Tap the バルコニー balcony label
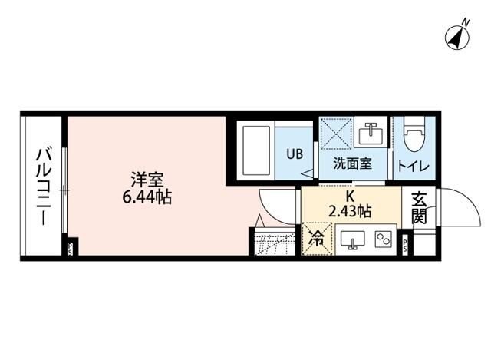point(42,185)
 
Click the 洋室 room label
point(146,180)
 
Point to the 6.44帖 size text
point(146,197)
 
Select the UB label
point(295,153)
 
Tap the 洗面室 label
point(352,164)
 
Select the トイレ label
point(413,165)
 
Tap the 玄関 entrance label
point(419,207)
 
